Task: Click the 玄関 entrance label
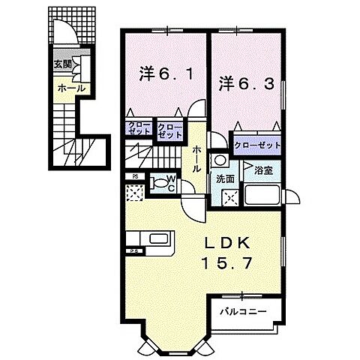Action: [x=62, y=64]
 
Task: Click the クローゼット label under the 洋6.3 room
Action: [x=258, y=145]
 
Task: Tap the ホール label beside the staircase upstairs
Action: [x=196, y=159]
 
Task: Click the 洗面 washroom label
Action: [x=225, y=180]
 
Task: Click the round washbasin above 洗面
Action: [x=220, y=160]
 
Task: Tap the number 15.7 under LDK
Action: [x=223, y=264]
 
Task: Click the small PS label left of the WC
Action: [x=135, y=177]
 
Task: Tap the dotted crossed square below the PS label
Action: [x=135, y=193]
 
